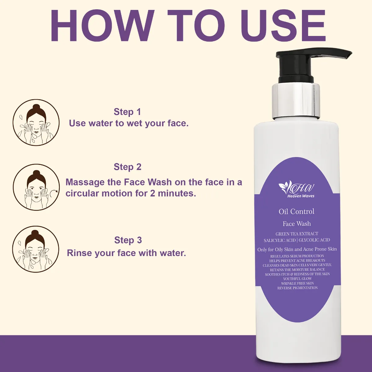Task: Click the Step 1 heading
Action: pyautogui.click(x=127, y=112)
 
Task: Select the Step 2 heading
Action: pyautogui.click(x=128, y=167)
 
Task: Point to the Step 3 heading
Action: pyautogui.click(x=128, y=240)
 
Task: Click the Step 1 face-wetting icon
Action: pyautogui.click(x=36, y=122)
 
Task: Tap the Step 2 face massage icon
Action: pyautogui.click(x=36, y=187)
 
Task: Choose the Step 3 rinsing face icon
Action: pyautogui.click(x=36, y=249)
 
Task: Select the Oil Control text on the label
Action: pyautogui.click(x=297, y=212)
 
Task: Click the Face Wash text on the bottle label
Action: pyautogui.click(x=297, y=224)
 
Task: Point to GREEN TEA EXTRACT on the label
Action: pyautogui.click(x=297, y=234)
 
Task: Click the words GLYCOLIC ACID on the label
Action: pyautogui.click(x=314, y=240)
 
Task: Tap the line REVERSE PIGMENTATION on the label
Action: pyautogui.click(x=298, y=288)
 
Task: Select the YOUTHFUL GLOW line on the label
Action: pyautogui.click(x=298, y=279)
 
